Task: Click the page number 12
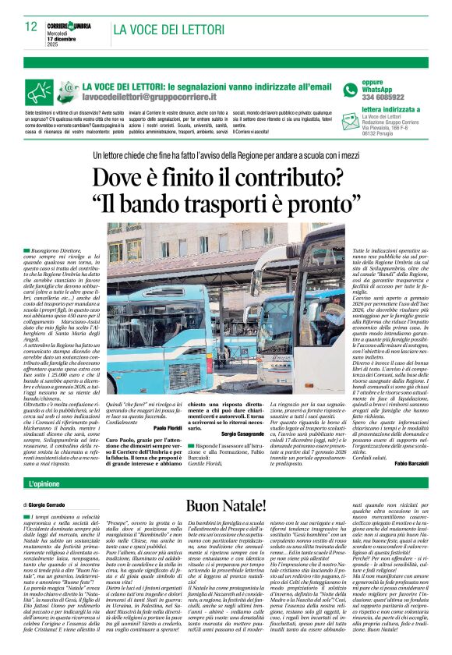pyautogui.click(x=30, y=27)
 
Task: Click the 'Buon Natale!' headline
pyautogui.click(x=226, y=506)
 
